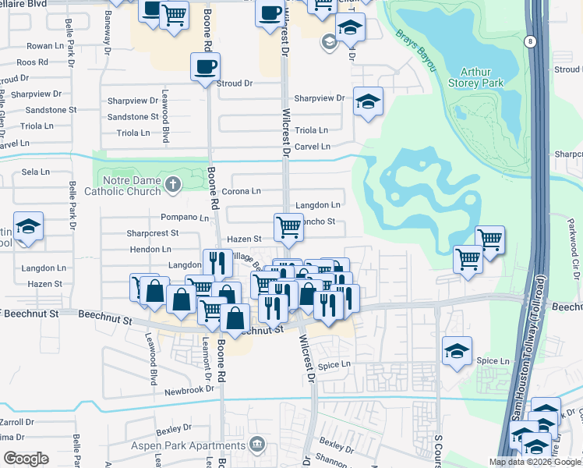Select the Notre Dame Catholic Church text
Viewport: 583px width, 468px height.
coord(129,184)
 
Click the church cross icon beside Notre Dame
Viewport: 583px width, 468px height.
coord(174,184)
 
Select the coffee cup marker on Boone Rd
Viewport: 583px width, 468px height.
coord(206,67)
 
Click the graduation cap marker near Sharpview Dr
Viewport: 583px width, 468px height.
coord(368,102)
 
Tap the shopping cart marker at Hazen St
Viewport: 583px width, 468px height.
coord(288,228)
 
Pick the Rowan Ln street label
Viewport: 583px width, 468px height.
coord(44,47)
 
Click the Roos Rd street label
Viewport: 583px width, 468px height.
coord(32,62)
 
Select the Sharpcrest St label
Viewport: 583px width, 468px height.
coord(153,232)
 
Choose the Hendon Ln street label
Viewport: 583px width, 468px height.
coord(150,249)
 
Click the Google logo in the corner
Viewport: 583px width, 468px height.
coord(26,459)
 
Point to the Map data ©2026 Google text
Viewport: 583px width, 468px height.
coord(533,462)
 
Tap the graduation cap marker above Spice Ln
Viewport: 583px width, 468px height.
coord(457,351)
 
